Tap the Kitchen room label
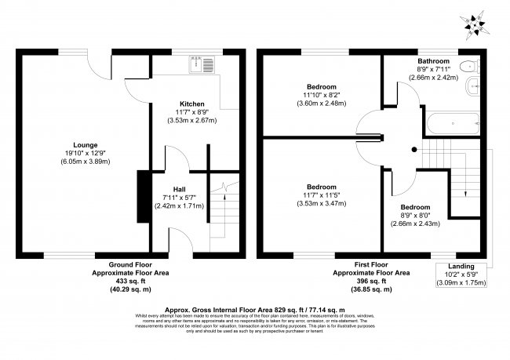click(192, 104)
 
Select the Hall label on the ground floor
click(179, 189)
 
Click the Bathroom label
click(432, 61)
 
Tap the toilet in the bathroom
click(469, 66)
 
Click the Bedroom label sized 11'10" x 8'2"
click(322, 85)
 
